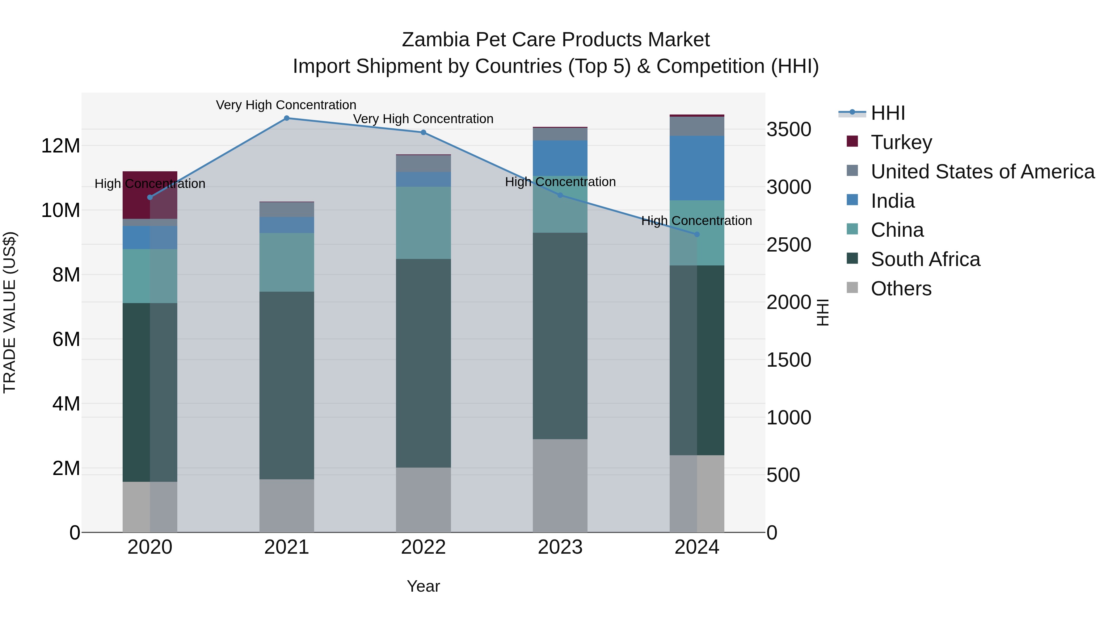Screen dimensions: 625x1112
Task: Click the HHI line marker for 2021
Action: coord(287,118)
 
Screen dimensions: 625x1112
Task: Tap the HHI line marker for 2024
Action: coord(697,235)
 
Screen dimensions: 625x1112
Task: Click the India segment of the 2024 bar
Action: coord(697,168)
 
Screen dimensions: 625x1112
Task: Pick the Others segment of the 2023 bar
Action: coord(560,486)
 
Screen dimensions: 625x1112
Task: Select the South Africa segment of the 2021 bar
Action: coord(287,385)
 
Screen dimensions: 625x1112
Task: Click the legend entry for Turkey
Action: coord(901,142)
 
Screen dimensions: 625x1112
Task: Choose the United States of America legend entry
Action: coord(982,172)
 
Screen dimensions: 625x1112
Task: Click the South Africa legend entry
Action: coord(925,259)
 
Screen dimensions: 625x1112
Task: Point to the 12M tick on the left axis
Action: coord(61,146)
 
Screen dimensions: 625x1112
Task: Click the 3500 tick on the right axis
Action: coord(789,129)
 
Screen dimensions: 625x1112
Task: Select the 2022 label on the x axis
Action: coord(423,547)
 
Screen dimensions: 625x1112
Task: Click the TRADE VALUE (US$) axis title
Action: coord(10,312)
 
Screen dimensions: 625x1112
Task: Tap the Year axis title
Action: coord(423,586)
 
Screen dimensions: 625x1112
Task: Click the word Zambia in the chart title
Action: coord(436,40)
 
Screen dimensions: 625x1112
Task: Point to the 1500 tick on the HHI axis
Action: coord(789,360)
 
